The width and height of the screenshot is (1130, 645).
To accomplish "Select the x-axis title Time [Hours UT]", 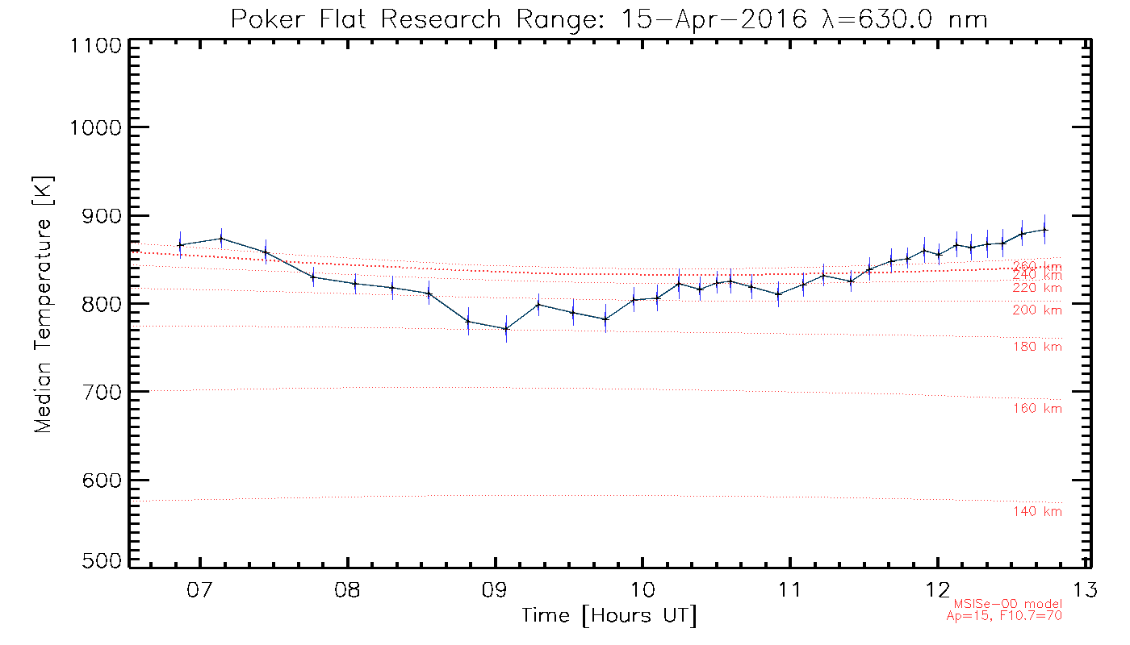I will (609, 615).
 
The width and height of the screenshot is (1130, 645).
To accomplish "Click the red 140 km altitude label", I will (1037, 512).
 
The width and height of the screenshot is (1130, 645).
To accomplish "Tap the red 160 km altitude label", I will (1037, 409).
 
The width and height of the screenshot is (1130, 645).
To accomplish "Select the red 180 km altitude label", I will (1037, 347).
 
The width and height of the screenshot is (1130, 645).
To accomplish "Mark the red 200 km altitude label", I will (1037, 310).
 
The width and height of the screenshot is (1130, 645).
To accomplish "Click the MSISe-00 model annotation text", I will (1008, 604).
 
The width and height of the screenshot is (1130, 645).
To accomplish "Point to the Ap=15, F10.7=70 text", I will (1004, 616).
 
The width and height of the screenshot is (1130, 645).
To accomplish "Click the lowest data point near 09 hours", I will (506, 329).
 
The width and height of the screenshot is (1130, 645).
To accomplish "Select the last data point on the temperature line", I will (1045, 230).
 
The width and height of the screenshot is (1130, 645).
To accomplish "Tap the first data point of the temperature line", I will (180, 245).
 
